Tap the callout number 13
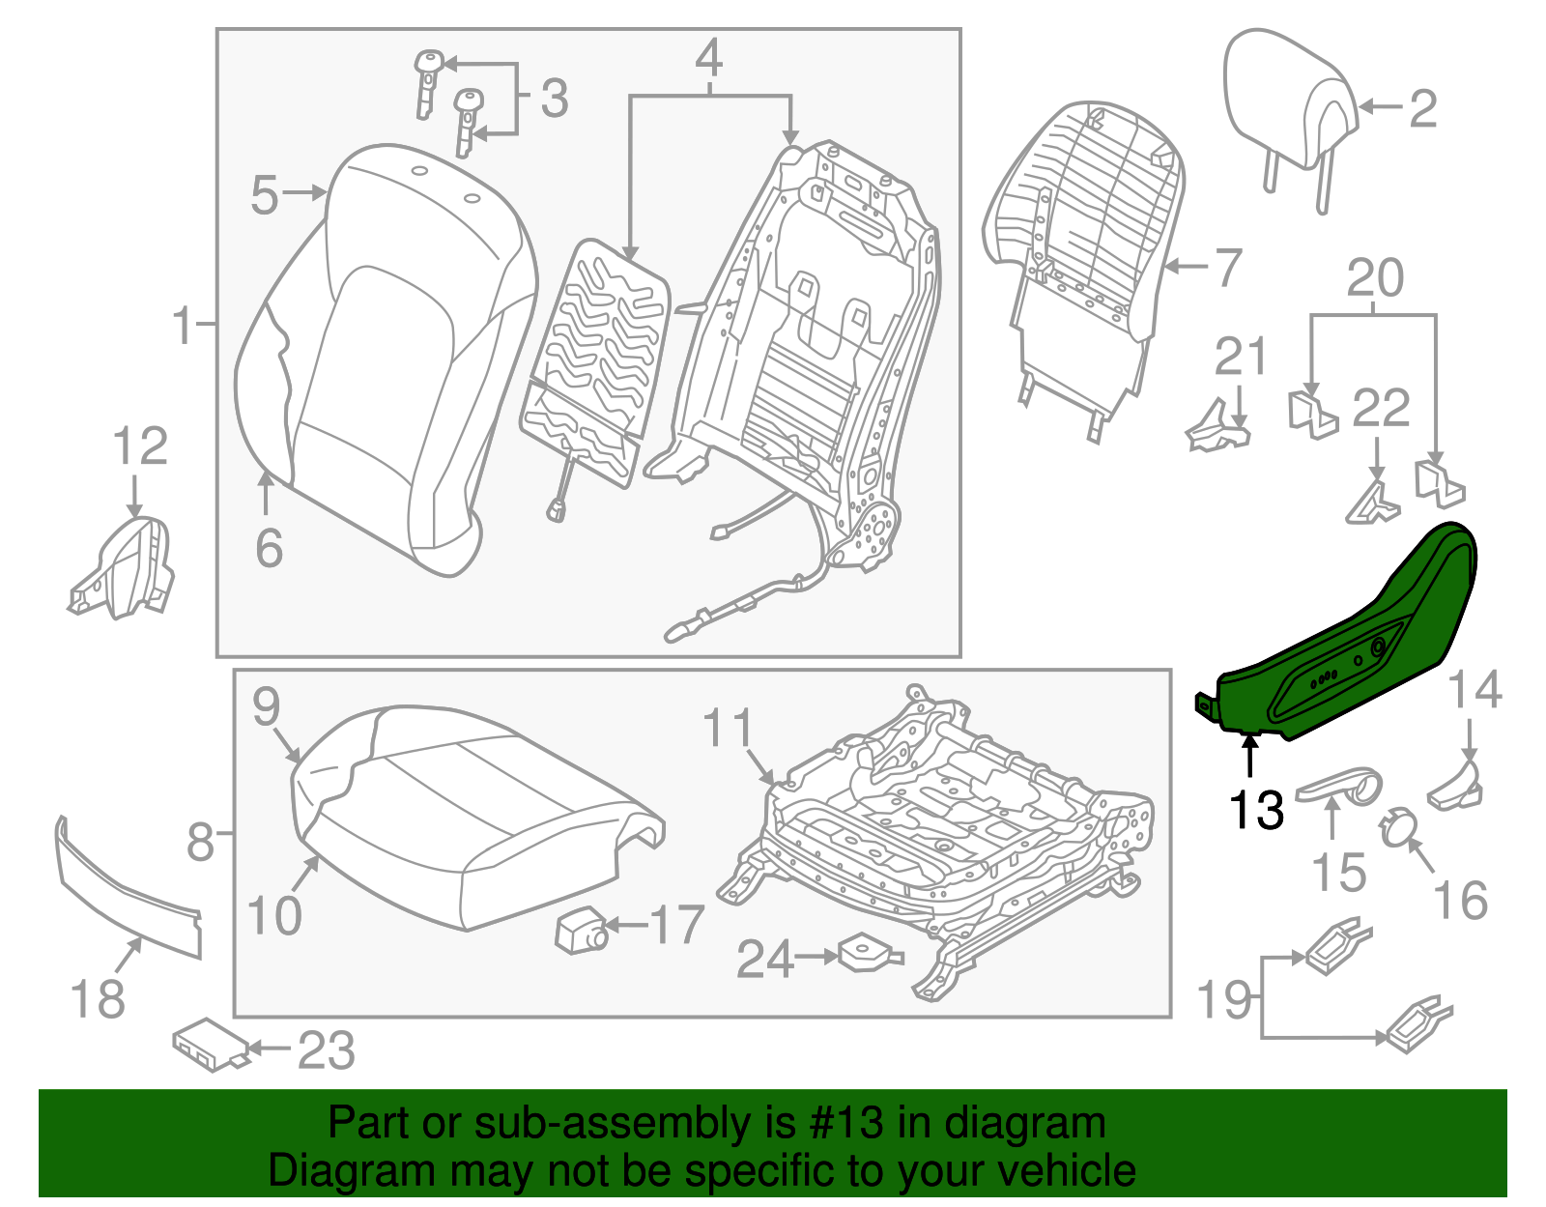click(x=1256, y=810)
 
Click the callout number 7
click(x=1226, y=268)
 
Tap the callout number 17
click(x=677, y=925)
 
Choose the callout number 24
click(x=765, y=959)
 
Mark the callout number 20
click(x=1374, y=278)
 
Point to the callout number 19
click(x=1224, y=999)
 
